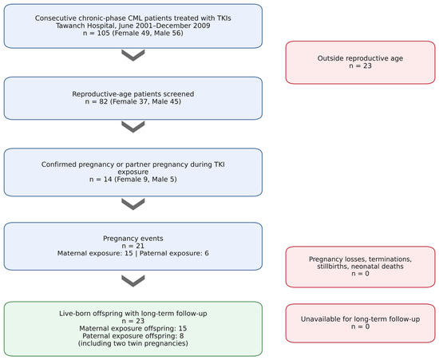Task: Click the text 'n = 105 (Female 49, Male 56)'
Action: pyautogui.click(x=133, y=34)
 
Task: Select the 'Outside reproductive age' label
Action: pyautogui.click(x=360, y=58)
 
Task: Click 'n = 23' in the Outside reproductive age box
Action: pyautogui.click(x=360, y=65)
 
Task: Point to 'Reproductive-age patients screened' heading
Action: pyautogui.click(x=133, y=93)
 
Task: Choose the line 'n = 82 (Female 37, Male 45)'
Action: pyautogui.click(x=133, y=101)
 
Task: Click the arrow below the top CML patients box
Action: pyautogui.click(x=133, y=55)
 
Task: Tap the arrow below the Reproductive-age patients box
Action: pyautogui.click(x=133, y=127)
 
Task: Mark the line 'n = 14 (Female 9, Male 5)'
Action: pyautogui.click(x=133, y=179)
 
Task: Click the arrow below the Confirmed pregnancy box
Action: pyautogui.click(x=133, y=204)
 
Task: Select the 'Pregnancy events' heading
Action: pyautogui.click(x=133, y=239)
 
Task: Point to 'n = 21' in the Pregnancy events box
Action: pyautogui.click(x=133, y=246)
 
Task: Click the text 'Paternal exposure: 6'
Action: pyautogui.click(x=174, y=253)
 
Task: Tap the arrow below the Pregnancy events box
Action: pyautogui.click(x=133, y=281)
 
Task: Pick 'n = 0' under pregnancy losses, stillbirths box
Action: pyautogui.click(x=360, y=274)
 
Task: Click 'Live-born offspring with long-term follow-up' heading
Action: pyautogui.click(x=133, y=314)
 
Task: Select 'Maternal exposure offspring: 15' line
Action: pyautogui.click(x=133, y=328)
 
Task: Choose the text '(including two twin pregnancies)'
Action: pyautogui.click(x=133, y=343)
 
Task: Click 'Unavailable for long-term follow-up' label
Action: pyautogui.click(x=360, y=319)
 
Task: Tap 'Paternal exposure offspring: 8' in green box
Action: pyautogui.click(x=133, y=336)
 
